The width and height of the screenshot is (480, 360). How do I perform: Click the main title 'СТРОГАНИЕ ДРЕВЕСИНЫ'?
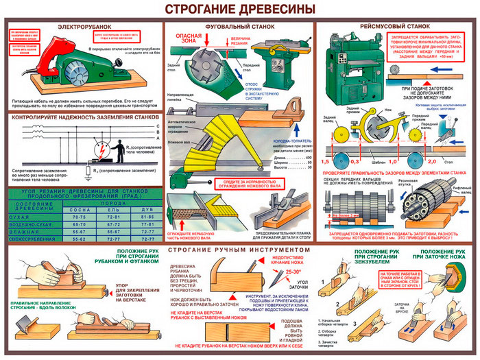click(x=239, y=9)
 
